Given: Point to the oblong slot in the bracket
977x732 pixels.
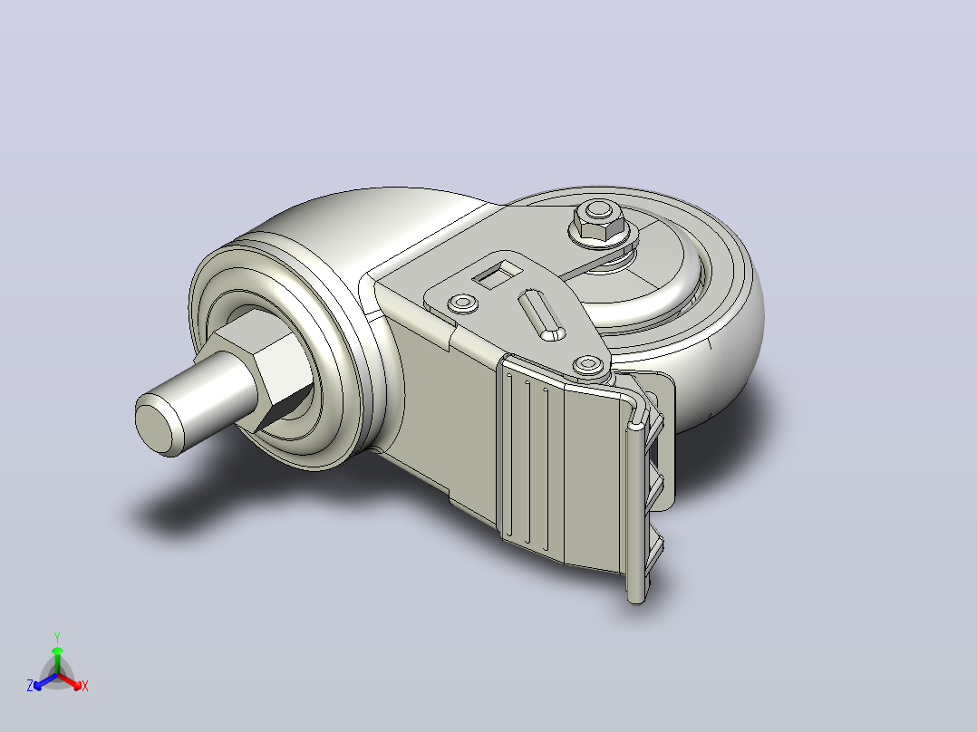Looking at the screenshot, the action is point(541,314).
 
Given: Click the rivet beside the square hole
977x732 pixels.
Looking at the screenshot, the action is point(463,303).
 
